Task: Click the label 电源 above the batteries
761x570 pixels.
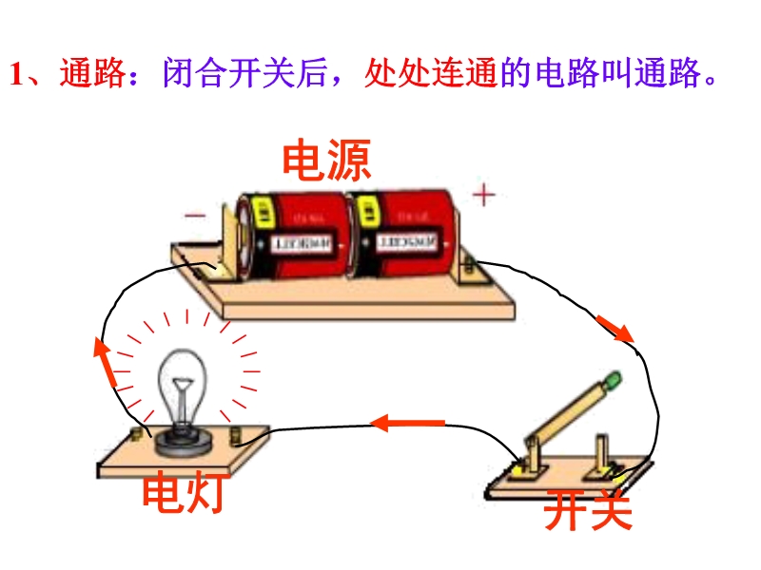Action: coord(326,161)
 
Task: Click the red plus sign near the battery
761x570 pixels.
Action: coord(485,196)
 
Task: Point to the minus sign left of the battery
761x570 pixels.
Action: coord(195,216)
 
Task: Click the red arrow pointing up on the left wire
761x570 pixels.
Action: coord(104,360)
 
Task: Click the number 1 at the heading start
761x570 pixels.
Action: coord(15,75)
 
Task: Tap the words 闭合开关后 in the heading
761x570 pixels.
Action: coord(262,74)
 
